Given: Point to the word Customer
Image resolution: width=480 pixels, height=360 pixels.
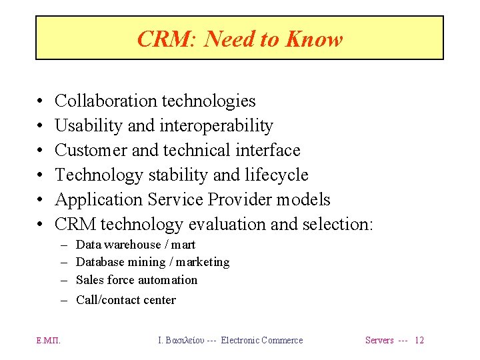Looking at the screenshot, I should (91, 150).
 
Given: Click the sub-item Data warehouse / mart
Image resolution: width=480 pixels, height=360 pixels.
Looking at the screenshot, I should (136, 245).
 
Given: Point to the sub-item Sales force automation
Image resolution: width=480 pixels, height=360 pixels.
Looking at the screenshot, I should (137, 280).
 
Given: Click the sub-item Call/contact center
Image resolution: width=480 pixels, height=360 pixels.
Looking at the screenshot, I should (126, 300).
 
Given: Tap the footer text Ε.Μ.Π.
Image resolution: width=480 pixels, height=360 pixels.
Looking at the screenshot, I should (48, 341).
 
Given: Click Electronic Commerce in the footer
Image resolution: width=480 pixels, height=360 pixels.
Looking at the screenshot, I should (261, 341).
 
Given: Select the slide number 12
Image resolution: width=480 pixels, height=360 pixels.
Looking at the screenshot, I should (419, 341).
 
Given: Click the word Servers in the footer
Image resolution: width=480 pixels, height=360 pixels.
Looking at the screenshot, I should (379, 341).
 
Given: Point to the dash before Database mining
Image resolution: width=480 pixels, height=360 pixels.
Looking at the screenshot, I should (65, 263).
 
